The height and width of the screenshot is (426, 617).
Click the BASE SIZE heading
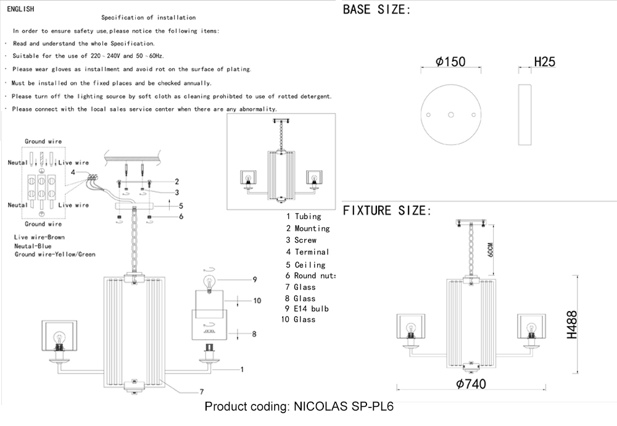376,10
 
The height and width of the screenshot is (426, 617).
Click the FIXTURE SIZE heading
385,211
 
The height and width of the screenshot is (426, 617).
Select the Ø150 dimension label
450,62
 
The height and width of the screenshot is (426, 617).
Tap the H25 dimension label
544,62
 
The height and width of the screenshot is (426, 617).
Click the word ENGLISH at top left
20,9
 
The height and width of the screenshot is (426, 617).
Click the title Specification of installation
148,18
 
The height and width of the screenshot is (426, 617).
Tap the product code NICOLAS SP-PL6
299,407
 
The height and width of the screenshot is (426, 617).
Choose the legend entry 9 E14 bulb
307,309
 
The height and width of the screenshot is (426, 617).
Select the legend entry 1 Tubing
303,217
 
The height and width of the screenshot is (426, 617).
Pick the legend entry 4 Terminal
307,252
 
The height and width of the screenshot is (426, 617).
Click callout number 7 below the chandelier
201,391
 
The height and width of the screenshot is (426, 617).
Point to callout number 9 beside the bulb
254,280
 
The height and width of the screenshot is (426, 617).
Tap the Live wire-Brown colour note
39,237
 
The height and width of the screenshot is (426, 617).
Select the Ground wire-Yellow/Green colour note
55,254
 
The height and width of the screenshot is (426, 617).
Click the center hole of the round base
451,115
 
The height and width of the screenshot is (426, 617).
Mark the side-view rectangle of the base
525,115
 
